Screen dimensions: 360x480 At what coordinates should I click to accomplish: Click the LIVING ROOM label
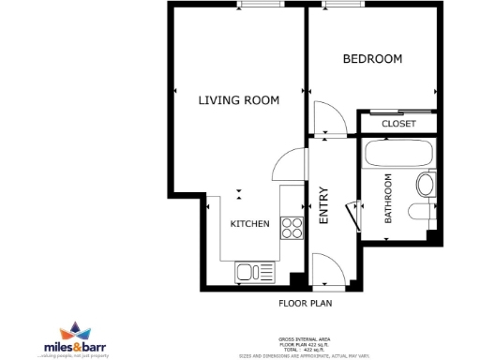click(238, 100)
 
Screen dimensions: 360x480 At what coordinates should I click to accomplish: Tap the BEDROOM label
click(372, 59)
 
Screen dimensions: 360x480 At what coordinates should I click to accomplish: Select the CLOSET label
click(398, 124)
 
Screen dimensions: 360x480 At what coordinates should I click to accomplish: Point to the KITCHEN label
click(250, 224)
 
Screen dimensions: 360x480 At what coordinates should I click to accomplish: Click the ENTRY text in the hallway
click(324, 206)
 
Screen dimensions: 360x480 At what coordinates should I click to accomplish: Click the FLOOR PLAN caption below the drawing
click(306, 304)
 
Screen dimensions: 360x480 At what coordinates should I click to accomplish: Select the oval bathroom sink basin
click(425, 184)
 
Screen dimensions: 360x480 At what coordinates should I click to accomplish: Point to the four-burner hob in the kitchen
click(292, 227)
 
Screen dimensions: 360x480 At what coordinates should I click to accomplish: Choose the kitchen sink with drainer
click(250, 273)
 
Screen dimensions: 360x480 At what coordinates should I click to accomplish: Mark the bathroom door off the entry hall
click(354, 215)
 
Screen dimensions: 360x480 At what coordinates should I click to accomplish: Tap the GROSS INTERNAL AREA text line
click(305, 338)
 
